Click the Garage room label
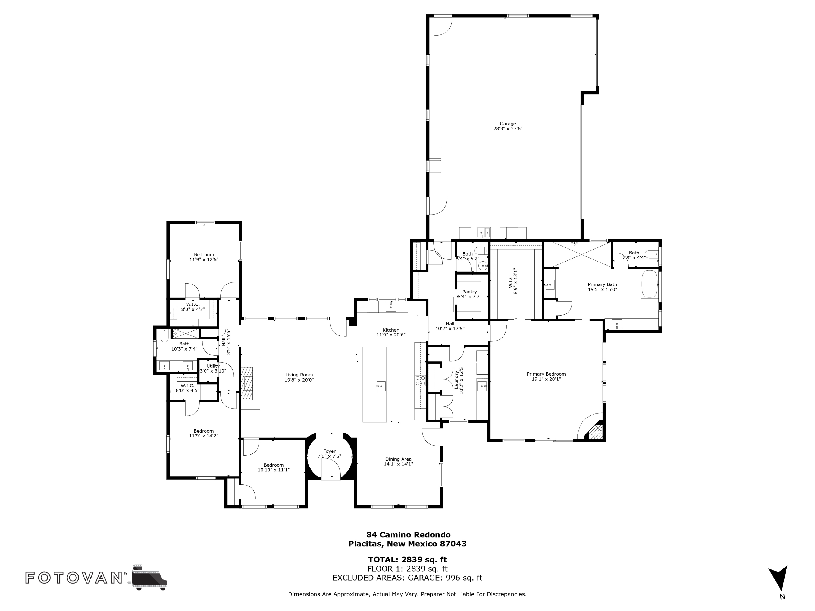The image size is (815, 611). (508, 124)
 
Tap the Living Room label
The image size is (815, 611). (299, 375)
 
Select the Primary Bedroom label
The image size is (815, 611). (546, 374)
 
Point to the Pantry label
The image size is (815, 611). (469, 292)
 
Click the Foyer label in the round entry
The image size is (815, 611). (329, 451)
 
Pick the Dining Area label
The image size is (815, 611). (398, 459)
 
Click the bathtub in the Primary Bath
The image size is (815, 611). (650, 284)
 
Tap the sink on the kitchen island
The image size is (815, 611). (381, 386)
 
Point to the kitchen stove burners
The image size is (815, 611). (420, 380)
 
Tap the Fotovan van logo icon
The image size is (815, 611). (149, 577)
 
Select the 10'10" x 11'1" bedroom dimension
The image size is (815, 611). (273, 470)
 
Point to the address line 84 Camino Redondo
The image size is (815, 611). (408, 535)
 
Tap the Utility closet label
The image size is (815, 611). (213, 366)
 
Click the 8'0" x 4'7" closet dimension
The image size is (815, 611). (193, 309)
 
